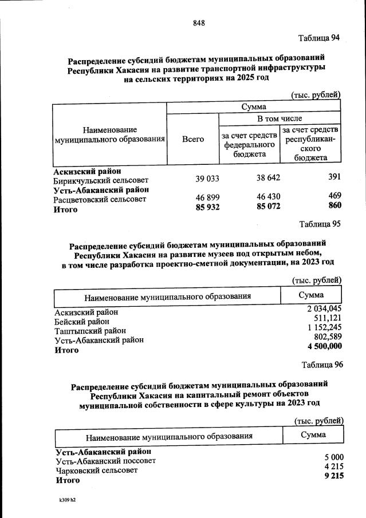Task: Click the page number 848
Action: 199,23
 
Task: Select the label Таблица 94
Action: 320,38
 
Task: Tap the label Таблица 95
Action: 320,224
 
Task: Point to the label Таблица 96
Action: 322,365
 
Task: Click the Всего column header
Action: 193,139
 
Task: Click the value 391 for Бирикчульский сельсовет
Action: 334,177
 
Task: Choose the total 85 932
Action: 208,208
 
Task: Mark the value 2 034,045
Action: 324,309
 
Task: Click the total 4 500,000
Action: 325,346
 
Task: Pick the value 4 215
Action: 333,466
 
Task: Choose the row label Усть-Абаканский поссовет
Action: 105,461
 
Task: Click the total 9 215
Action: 333,476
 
